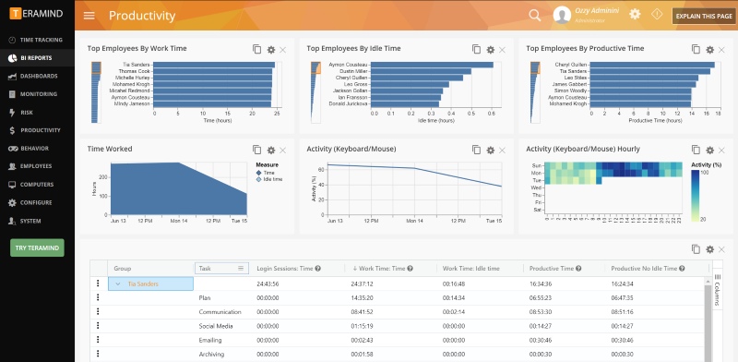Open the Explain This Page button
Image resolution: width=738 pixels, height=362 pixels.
coord(704,16)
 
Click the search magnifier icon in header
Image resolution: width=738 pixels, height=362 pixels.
coord(535,15)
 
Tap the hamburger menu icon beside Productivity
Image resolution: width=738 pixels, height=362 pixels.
coord(89,16)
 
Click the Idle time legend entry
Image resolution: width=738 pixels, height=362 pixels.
coord(273,179)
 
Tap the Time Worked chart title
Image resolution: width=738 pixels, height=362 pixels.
coord(110,149)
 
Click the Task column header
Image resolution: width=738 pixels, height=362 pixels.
coord(221,268)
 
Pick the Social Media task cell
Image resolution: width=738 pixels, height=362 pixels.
coord(216,326)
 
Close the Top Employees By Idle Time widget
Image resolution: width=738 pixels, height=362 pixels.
coord(502,49)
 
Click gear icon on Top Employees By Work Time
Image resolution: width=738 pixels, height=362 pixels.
coord(270,49)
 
